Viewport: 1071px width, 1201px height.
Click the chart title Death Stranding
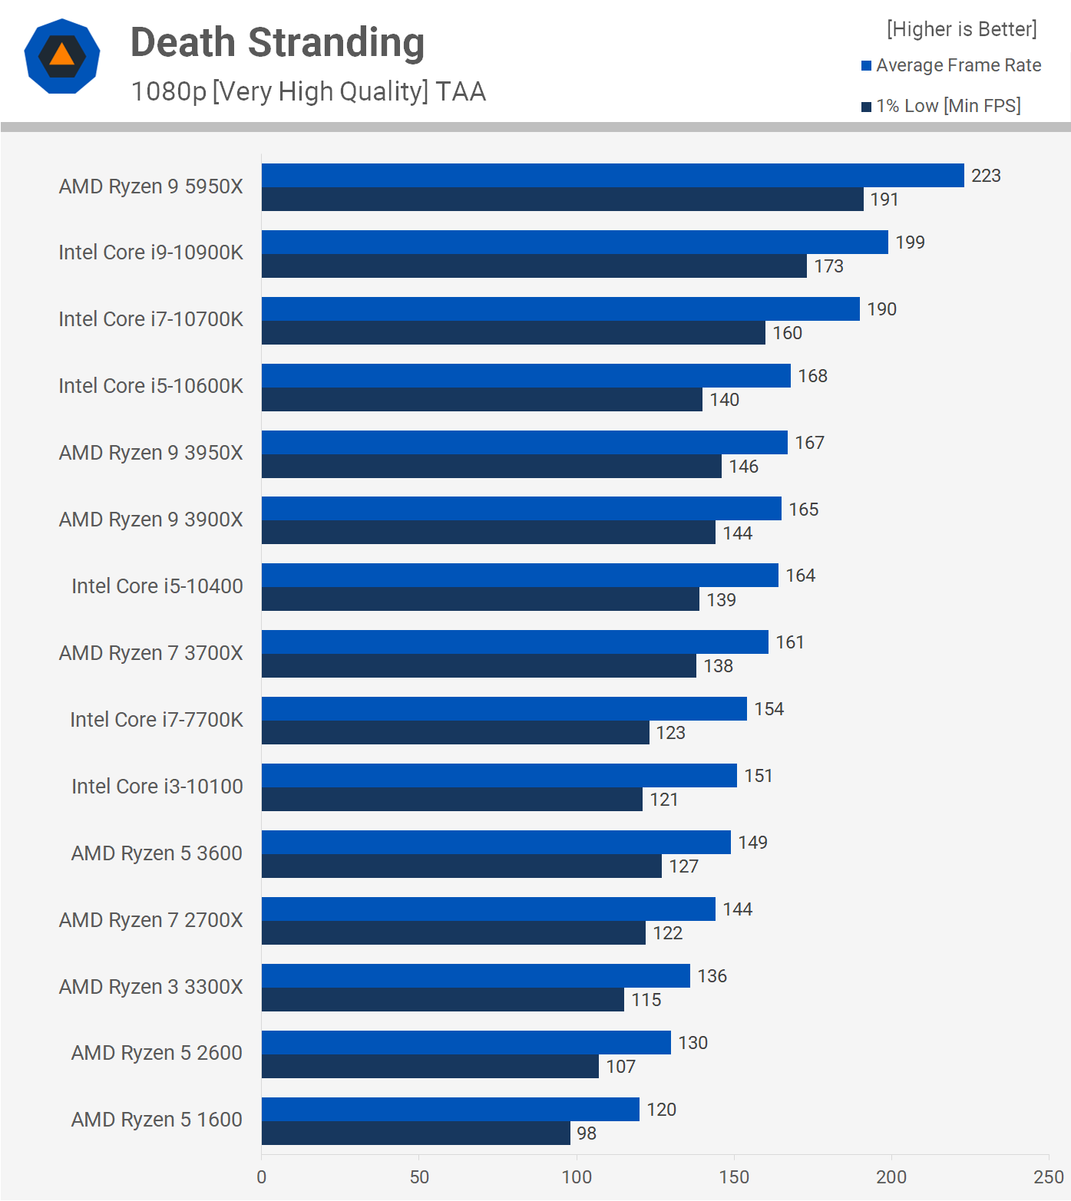pos(277,43)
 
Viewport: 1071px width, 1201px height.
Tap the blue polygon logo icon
pos(62,56)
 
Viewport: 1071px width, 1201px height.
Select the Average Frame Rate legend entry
pos(951,66)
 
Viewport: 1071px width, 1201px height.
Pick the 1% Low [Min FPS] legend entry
pos(941,106)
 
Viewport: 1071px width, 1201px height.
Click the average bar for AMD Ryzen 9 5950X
pos(613,176)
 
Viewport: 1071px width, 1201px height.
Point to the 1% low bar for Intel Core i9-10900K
pos(534,266)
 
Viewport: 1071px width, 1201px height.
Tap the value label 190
pos(881,309)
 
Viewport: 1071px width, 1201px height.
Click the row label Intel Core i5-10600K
pos(150,386)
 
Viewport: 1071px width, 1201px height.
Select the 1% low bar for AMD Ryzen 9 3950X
pos(491,467)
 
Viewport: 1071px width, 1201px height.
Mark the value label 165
pos(803,510)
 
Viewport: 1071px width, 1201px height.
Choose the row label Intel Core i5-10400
pos(157,586)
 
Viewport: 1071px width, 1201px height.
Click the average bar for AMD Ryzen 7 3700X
pos(514,642)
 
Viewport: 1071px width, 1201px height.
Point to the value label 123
pos(670,733)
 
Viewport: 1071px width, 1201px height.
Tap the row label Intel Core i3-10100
pos(157,787)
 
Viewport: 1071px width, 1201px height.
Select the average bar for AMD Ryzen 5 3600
pos(496,843)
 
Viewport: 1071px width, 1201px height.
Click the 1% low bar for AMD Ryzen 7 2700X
pos(453,933)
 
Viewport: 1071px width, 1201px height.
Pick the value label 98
pos(587,1133)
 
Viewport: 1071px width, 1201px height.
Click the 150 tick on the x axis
pos(734,1177)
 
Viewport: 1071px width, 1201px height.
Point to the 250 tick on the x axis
pos(1048,1177)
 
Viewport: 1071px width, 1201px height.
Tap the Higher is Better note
pos(961,29)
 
